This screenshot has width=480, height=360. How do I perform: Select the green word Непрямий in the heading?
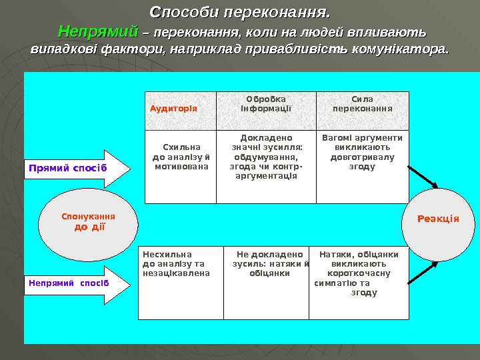coord(97,31)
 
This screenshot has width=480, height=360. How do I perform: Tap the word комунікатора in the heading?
coord(406,49)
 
